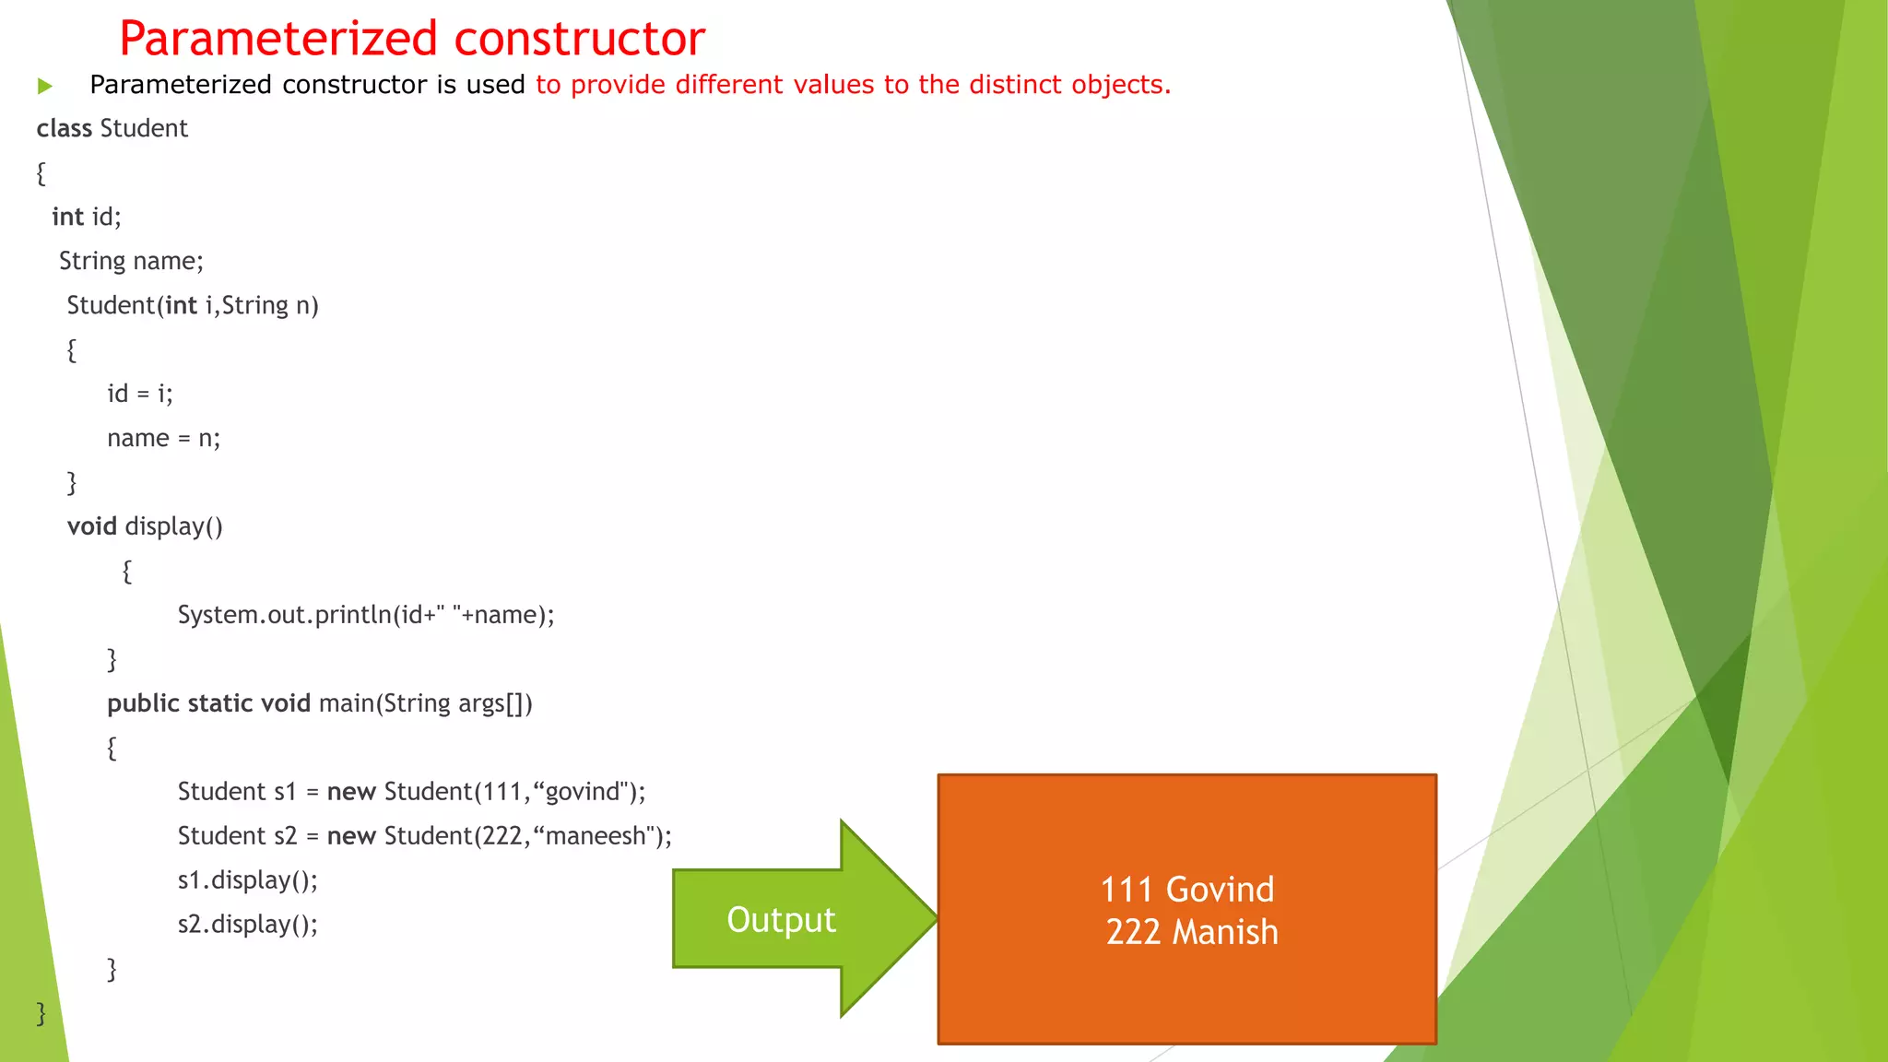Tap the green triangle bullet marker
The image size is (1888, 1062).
45,87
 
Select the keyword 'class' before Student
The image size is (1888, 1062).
64,128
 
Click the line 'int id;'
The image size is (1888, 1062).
87,217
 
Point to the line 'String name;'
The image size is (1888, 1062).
131,261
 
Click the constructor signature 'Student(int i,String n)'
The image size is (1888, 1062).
193,305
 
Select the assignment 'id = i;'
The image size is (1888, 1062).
139,394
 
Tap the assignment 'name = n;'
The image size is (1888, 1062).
163,438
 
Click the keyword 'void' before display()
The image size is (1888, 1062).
91,526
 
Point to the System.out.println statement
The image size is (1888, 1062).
366,615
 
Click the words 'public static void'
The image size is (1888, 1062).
208,703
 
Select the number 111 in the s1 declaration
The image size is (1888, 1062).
501,792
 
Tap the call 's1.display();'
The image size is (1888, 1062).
247,880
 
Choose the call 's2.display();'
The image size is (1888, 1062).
247,925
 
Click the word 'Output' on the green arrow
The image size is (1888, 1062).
781,920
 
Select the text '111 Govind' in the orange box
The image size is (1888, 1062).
1187,890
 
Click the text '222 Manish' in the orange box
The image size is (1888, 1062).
1191,932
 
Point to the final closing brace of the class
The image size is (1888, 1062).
41,1013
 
